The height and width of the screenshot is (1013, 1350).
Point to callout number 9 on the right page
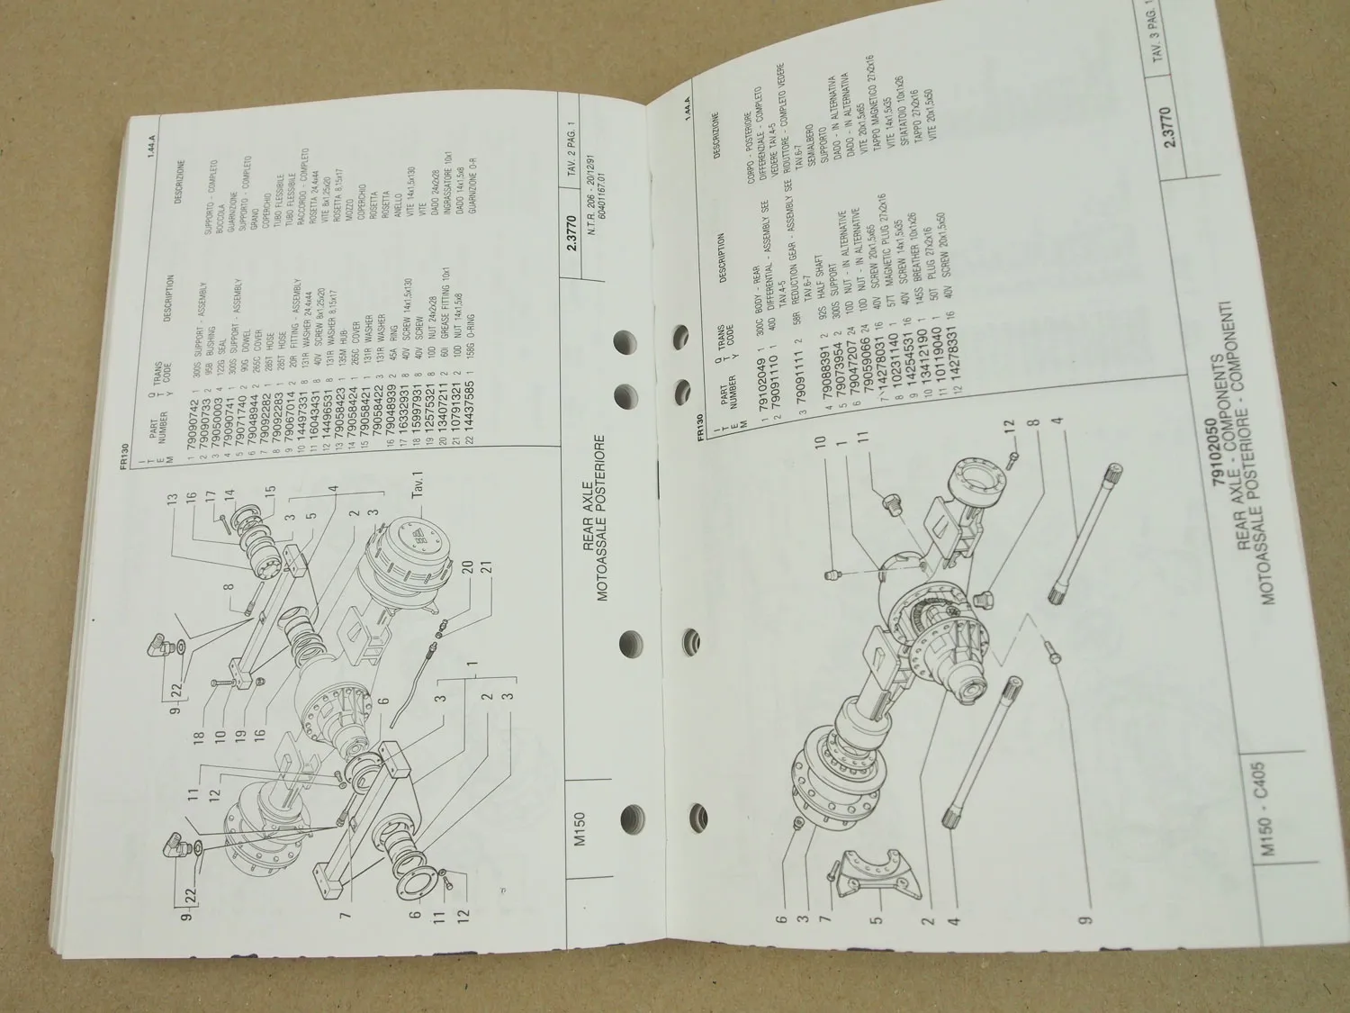click(1086, 920)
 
